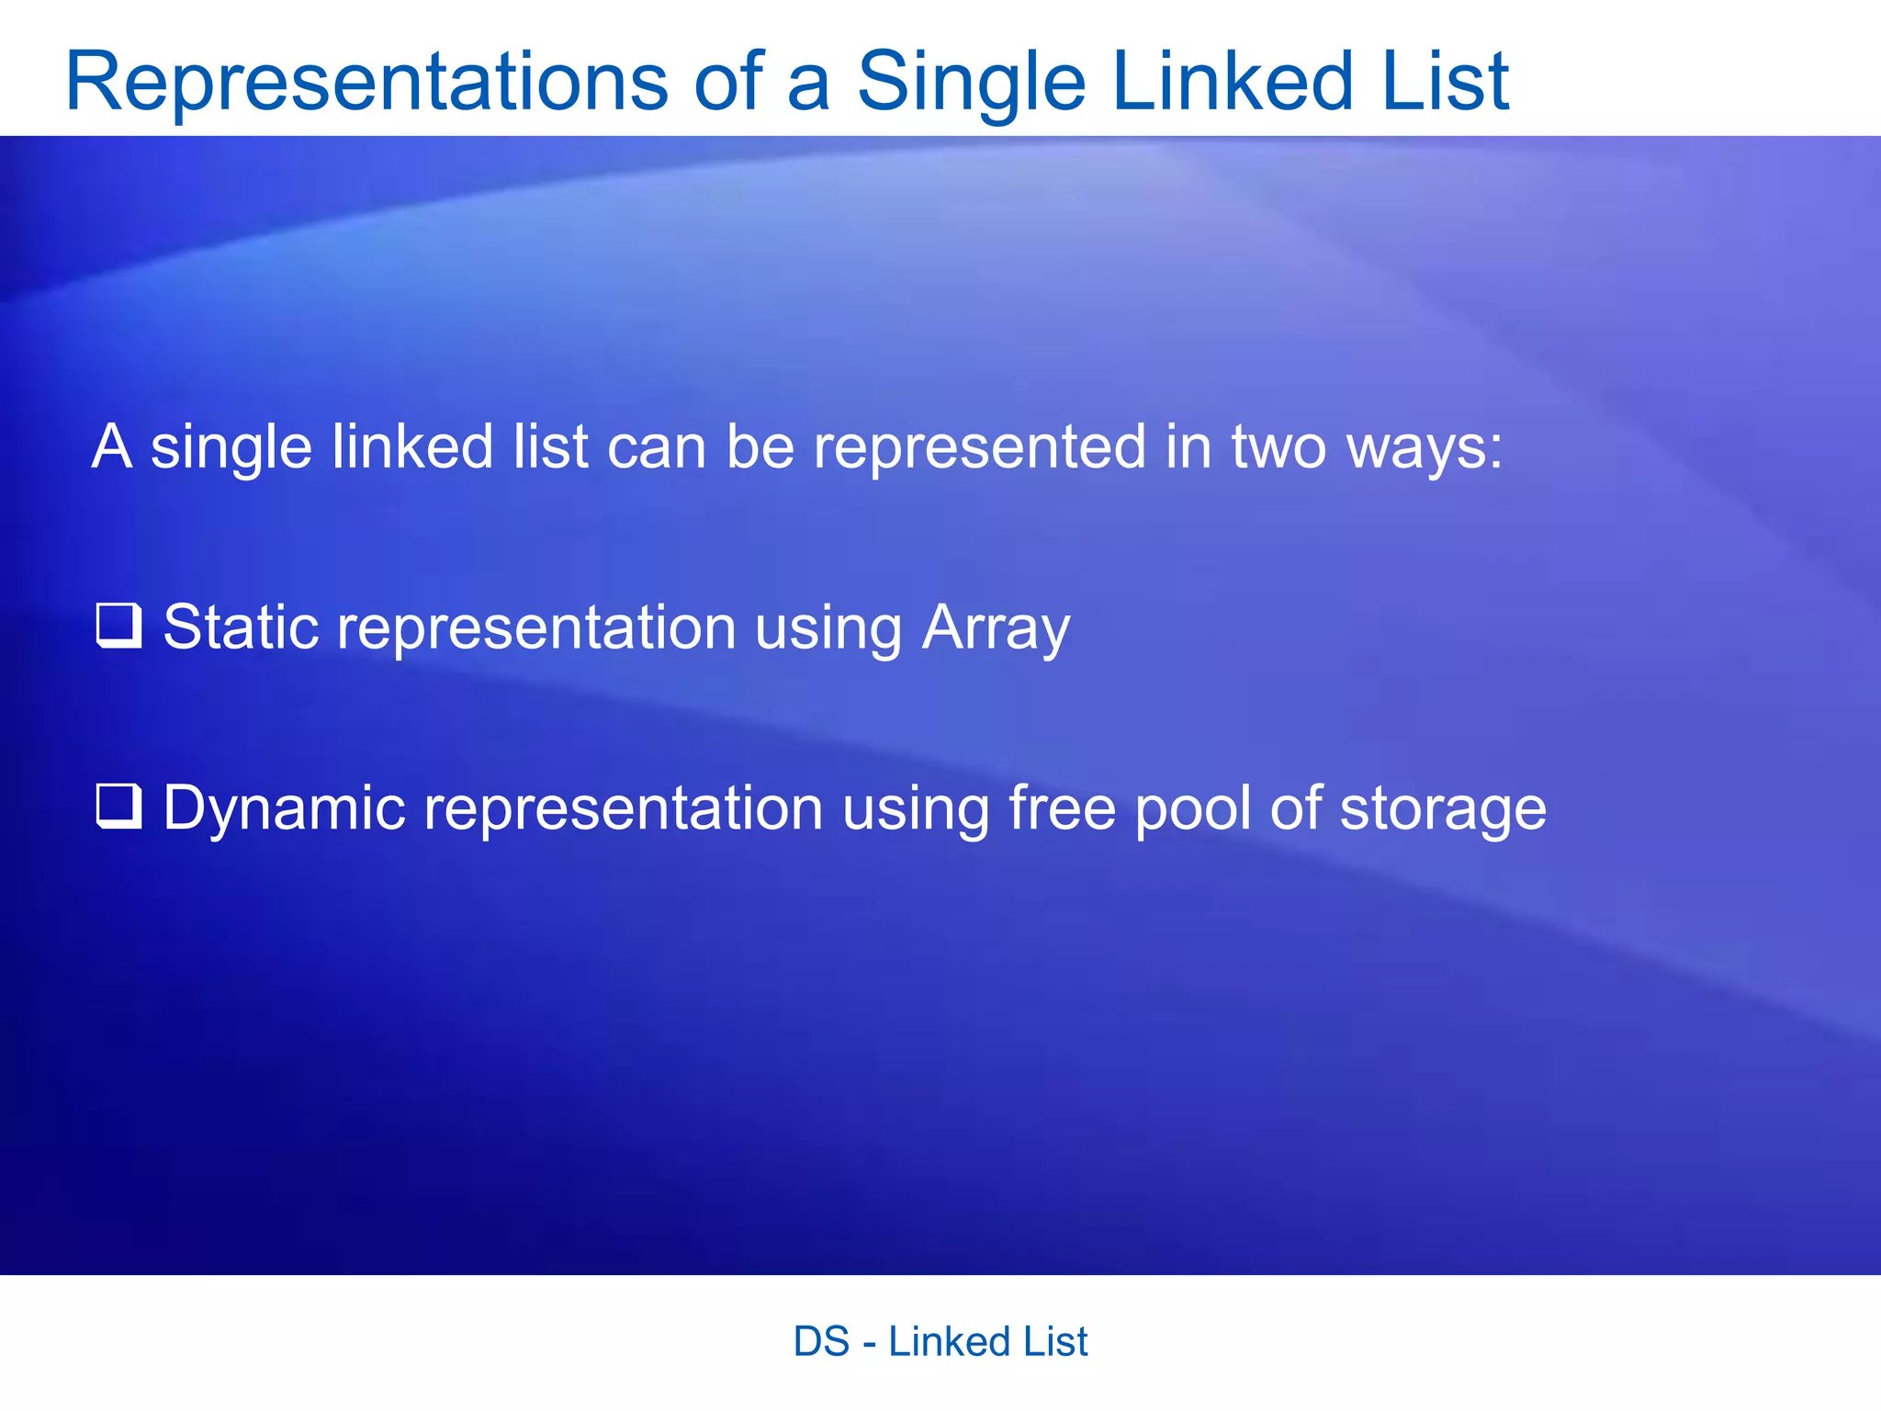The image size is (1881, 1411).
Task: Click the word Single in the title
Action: coord(971,83)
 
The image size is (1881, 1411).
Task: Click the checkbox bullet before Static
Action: coord(119,626)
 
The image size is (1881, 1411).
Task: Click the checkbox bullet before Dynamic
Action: coord(119,807)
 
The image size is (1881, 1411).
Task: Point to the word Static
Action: coord(241,627)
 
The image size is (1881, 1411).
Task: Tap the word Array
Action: coord(996,629)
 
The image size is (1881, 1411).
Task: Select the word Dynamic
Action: coord(284,809)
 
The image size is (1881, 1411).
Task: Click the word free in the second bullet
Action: coord(1062,808)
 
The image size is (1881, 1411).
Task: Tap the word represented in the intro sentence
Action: coord(980,447)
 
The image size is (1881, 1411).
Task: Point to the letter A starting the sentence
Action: coord(112,446)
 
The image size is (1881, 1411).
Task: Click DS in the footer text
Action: coord(821,1342)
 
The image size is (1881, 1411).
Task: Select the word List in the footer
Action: coord(1055,1342)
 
